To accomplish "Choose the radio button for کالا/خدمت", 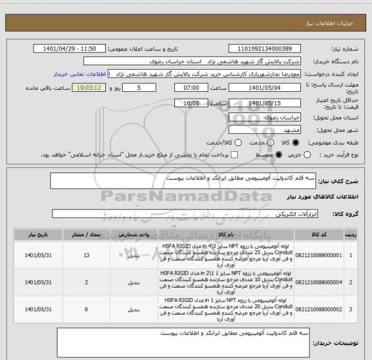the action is (x=240, y=142).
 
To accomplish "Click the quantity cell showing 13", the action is (x=87, y=256).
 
